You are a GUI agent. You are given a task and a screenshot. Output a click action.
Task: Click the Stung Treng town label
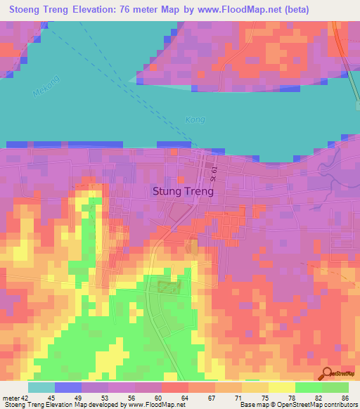pyautogui.click(x=183, y=190)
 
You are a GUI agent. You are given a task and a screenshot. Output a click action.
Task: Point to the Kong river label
pyautogui.click(x=195, y=119)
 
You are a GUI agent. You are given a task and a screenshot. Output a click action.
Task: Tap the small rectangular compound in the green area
pyautogui.click(x=167, y=287)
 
